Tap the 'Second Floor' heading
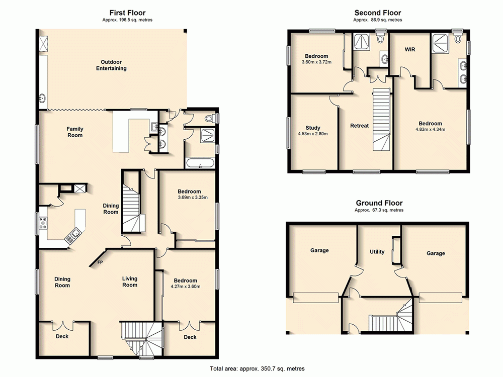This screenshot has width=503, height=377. pos(377,13)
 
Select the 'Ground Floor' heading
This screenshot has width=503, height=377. pos(378,203)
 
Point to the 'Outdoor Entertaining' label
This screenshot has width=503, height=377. pos(111,65)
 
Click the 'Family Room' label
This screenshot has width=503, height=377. pos(74,132)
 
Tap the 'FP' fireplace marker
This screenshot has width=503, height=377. pos(100,262)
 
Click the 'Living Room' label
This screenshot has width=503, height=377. pos(129,281)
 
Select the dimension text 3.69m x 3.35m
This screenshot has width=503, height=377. pos(189,198)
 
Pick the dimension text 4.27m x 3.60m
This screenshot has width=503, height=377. pos(185,287)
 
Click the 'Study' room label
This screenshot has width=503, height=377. pos(312,128)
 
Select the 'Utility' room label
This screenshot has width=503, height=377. pos(377,252)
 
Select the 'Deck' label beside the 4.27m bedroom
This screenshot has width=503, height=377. pos(190,337)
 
